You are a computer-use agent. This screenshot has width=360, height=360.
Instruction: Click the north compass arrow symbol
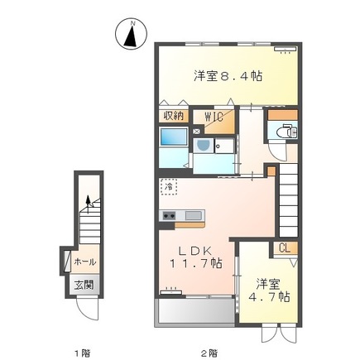132,36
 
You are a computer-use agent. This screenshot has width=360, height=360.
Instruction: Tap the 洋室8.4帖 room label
228,76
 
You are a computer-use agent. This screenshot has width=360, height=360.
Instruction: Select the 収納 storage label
172,116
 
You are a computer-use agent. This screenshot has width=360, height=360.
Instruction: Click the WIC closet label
213,116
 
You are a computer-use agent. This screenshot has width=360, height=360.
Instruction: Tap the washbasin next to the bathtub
203,146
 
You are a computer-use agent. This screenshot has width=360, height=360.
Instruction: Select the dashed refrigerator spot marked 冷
168,187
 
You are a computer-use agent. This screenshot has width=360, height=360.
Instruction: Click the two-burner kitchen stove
169,217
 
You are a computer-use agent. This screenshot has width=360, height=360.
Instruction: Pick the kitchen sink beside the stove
192,217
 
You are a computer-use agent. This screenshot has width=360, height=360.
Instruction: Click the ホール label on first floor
85,262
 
